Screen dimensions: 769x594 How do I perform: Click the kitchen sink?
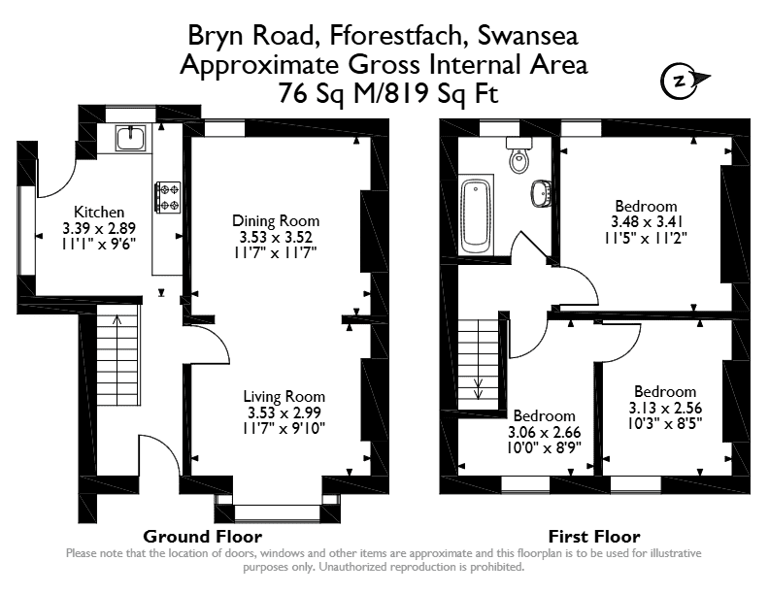130,138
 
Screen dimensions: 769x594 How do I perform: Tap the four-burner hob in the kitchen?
168,197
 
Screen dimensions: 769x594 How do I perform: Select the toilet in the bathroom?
518,155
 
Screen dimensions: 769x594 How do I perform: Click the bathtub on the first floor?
476,216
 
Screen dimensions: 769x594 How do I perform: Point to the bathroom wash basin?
541,192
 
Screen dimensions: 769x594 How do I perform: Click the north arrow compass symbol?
685,81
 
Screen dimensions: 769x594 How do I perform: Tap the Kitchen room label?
99,213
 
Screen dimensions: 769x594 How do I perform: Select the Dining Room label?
276,221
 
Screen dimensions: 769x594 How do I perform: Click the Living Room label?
284,397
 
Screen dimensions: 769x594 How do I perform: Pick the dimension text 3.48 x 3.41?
647,222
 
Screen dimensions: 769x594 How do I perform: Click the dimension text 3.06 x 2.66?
544,432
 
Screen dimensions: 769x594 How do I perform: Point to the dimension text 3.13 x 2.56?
665,408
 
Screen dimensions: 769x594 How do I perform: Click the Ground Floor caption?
203,537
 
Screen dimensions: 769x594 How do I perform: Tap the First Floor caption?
594,537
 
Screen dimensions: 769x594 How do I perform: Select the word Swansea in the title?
527,36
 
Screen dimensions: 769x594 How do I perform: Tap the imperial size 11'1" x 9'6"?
99,244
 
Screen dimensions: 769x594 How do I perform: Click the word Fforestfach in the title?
396,36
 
